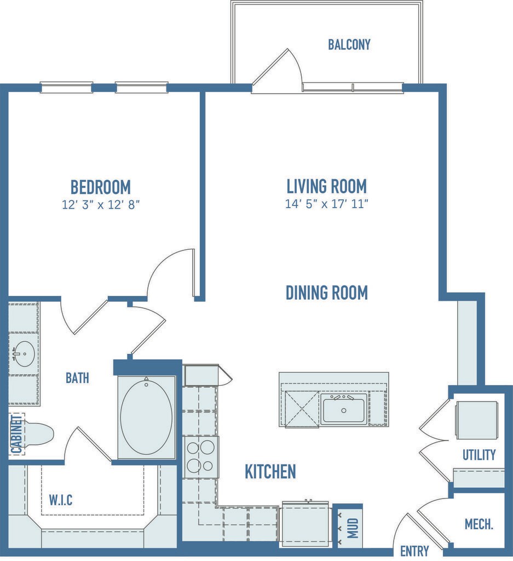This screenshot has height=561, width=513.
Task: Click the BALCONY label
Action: [349, 44]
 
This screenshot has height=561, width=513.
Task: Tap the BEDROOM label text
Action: [100, 187]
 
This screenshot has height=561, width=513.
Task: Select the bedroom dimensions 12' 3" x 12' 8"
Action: [100, 205]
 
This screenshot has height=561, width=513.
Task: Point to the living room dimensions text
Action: [326, 204]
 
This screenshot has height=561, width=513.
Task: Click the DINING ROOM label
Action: [326, 293]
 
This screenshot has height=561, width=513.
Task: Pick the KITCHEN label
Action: [270, 472]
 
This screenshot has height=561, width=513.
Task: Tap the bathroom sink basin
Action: [24, 354]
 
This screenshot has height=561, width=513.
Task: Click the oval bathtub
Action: [146, 417]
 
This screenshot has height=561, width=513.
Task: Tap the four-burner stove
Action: [200, 457]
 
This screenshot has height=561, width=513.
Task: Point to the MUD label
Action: [353, 528]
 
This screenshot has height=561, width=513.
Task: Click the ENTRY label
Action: [414, 551]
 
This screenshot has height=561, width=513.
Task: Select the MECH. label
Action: [479, 524]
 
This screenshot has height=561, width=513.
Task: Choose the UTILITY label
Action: [479, 455]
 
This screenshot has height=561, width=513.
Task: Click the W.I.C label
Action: [60, 500]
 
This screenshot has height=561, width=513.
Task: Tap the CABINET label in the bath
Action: [17, 434]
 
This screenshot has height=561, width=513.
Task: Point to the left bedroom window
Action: [66, 87]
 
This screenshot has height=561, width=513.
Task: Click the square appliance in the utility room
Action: [477, 420]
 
